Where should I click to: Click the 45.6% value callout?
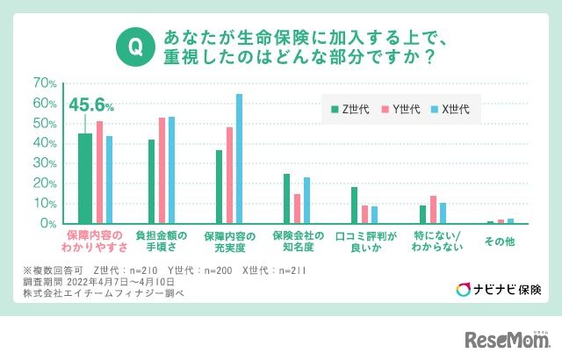click(x=91, y=107)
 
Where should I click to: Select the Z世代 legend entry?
click(x=349, y=109)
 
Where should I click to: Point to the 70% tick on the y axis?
click(x=45, y=83)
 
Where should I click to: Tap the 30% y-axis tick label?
click(x=45, y=163)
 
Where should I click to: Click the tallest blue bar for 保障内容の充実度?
click(x=239, y=159)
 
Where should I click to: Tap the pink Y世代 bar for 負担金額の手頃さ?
click(x=162, y=170)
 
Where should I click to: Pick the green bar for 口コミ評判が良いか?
click(x=354, y=205)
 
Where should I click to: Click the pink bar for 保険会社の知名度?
click(x=297, y=209)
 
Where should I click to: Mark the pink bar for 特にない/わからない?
click(x=433, y=210)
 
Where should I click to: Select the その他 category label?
click(x=501, y=241)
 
